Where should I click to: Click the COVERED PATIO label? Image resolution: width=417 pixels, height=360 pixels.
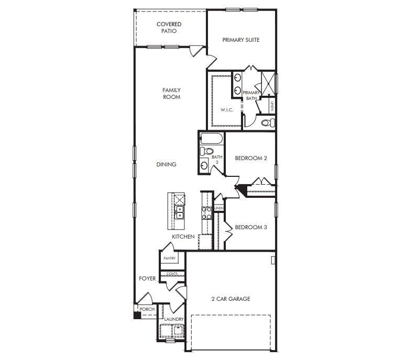(x=169, y=28)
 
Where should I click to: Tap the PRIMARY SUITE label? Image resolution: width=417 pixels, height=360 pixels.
(x=241, y=40)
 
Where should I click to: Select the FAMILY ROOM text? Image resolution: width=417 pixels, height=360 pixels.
(x=171, y=94)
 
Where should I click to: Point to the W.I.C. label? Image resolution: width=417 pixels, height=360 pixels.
(x=227, y=110)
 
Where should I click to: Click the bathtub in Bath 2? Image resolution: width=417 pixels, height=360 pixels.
(x=212, y=140)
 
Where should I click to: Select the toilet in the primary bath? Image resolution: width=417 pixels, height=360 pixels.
(x=267, y=123)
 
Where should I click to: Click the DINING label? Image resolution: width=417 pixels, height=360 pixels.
(x=167, y=164)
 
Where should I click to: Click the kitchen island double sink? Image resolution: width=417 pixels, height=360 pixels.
(x=180, y=212)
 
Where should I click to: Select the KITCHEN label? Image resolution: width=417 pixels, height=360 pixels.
(x=184, y=237)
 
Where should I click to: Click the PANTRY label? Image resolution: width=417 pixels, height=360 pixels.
(x=169, y=258)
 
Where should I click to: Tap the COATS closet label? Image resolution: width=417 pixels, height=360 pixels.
(x=172, y=274)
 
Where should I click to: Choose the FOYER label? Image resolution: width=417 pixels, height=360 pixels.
(x=147, y=279)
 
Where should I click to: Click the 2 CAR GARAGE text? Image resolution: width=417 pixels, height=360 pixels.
(x=231, y=299)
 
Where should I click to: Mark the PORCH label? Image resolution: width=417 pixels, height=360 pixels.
(x=147, y=309)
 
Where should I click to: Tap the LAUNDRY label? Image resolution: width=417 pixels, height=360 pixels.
(x=174, y=319)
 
